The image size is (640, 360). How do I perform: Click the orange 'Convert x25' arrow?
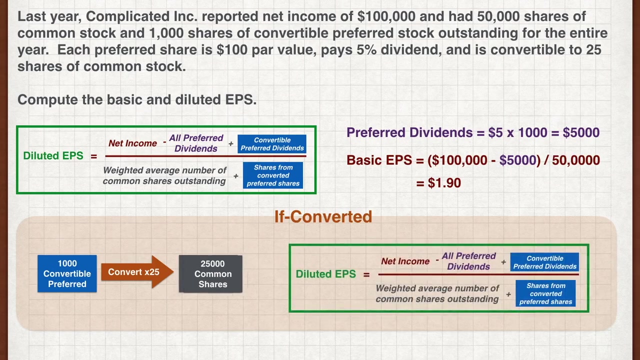point(137,271)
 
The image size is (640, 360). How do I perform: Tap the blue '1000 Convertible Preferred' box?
point(67,273)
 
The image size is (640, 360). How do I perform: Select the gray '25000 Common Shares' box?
point(210,273)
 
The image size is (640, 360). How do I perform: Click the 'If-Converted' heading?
point(323,216)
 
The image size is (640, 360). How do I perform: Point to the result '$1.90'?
point(444,183)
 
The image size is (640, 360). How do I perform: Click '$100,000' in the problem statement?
point(386,16)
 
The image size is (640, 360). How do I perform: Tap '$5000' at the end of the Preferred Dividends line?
point(581,132)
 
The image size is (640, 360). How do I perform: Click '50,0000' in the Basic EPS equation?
point(575,160)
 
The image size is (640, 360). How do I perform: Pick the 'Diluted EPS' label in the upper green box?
point(53,155)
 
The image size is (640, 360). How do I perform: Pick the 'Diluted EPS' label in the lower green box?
point(325,274)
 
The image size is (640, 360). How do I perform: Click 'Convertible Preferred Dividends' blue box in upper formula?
point(272,144)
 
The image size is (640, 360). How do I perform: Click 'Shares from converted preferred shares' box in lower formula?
point(545,293)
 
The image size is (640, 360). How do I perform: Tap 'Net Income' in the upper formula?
point(132,143)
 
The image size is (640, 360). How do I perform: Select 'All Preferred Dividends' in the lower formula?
point(468,261)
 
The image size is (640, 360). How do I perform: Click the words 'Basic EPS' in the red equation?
point(379,160)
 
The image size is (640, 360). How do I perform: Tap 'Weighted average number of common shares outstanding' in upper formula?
point(164,175)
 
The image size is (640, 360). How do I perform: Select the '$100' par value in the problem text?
point(232,49)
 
